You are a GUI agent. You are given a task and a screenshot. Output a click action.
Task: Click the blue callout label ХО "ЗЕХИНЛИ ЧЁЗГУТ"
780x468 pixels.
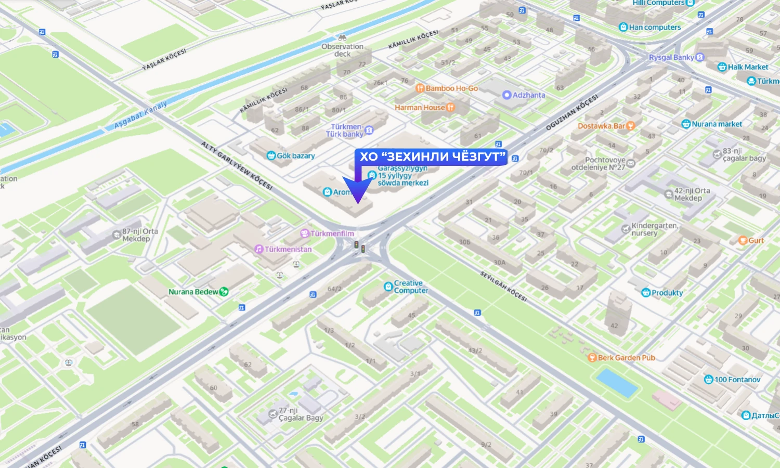coord(432,157)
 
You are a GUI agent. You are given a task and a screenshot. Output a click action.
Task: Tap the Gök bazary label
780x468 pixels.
coord(295,155)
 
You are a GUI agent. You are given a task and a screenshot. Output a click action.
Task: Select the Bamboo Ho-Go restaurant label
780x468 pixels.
coord(451,88)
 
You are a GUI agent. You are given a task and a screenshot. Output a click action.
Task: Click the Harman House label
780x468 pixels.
coord(420,108)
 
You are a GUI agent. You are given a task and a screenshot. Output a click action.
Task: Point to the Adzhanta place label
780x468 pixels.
coord(528,95)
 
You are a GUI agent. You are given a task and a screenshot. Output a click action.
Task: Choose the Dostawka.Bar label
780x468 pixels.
coord(602,126)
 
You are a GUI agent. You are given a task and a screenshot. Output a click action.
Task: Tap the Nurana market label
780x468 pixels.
coord(717,124)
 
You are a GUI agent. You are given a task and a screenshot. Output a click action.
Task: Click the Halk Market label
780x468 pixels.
coord(747,67)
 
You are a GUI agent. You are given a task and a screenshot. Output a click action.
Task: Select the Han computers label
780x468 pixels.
coord(654,28)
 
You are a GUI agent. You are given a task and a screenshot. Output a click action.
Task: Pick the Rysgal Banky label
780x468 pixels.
coord(671,57)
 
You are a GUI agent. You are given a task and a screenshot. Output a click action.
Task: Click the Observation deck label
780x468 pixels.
coord(342,49)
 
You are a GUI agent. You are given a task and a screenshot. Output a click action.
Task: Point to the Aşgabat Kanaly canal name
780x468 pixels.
coord(140,114)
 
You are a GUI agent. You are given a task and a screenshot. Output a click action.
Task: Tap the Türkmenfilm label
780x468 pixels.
coord(332,233)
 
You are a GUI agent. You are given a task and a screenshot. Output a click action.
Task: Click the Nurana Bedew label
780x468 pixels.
coord(193,292)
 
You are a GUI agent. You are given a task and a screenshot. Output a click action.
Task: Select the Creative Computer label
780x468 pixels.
coord(410,287)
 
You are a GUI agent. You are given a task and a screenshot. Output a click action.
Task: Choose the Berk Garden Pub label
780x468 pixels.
coord(626,358)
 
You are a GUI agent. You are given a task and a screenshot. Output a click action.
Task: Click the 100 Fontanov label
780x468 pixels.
coord(737,380)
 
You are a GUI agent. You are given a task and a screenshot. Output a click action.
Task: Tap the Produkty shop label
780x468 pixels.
coord(667,293)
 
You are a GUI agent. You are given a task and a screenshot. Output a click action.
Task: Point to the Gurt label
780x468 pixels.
coord(756,240)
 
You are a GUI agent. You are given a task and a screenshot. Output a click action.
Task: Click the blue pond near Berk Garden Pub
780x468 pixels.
coord(617,383)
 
